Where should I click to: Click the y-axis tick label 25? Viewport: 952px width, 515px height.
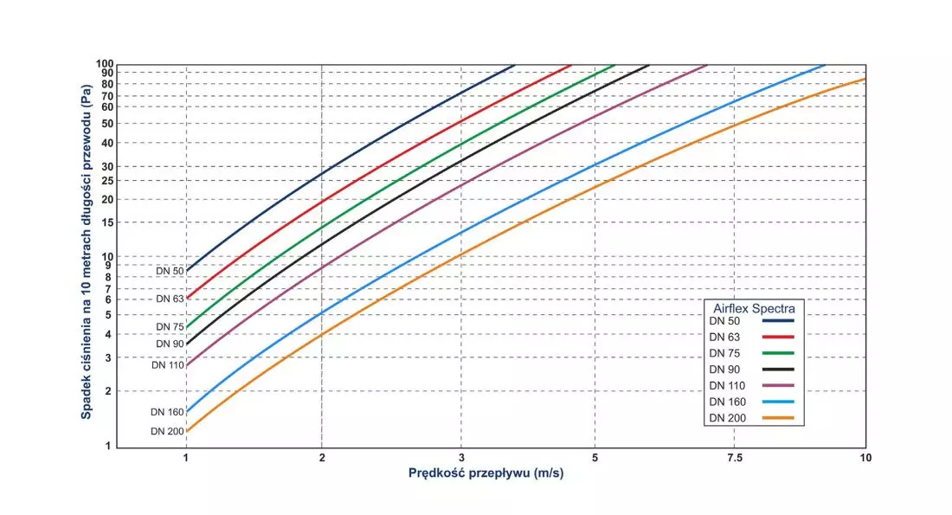[106, 180]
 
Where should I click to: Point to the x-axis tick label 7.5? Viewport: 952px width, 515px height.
[734, 458]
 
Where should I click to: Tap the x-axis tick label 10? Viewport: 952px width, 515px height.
[865, 458]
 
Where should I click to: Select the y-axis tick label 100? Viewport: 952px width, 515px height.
[105, 64]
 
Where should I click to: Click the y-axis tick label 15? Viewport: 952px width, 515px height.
[106, 222]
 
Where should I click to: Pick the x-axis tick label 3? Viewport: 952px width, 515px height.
[461, 458]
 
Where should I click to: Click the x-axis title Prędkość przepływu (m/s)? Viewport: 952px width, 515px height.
[486, 473]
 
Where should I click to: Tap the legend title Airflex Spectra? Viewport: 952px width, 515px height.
[754, 308]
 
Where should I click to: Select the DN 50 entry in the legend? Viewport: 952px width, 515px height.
[724, 321]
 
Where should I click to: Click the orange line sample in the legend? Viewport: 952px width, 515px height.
[778, 418]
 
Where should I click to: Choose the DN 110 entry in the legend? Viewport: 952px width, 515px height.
[727, 386]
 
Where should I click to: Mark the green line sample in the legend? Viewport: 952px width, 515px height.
[778, 353]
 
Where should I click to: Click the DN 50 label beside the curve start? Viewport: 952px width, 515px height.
[170, 271]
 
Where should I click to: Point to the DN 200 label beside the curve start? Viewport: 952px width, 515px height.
[167, 431]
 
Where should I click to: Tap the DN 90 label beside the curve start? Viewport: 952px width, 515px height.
[170, 344]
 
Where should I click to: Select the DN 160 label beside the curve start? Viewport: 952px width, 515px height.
[167, 412]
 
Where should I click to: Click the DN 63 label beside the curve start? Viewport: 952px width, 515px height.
[170, 299]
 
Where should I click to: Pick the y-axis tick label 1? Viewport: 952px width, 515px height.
[109, 446]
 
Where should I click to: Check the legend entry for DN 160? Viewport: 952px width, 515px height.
[727, 402]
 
